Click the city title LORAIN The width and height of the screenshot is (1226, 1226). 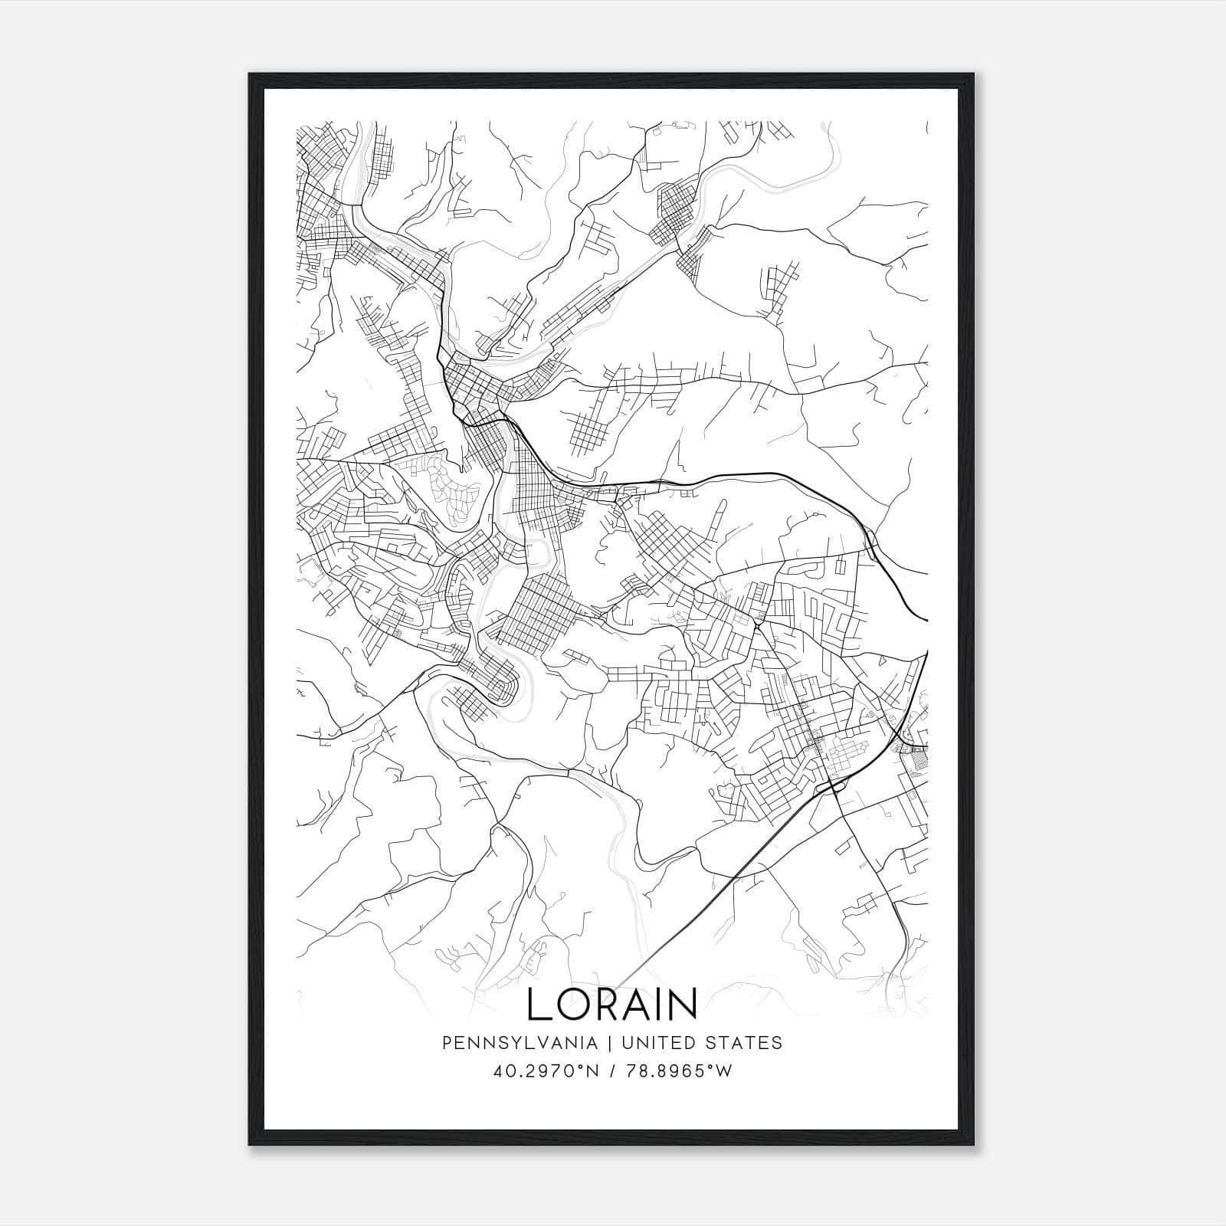coord(612,1004)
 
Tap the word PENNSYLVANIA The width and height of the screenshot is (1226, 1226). coord(507,1043)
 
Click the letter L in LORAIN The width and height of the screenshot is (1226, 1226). coord(538,1004)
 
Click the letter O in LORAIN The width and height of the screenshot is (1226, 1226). coord(572,1004)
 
